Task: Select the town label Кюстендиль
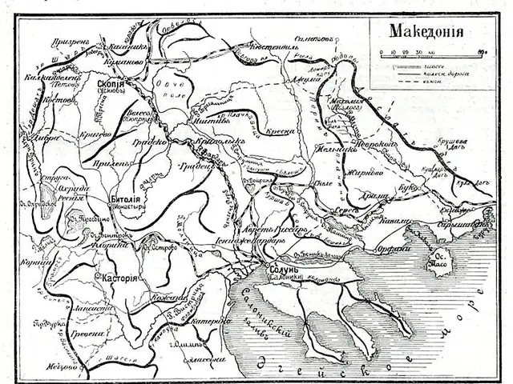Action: (276, 48)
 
